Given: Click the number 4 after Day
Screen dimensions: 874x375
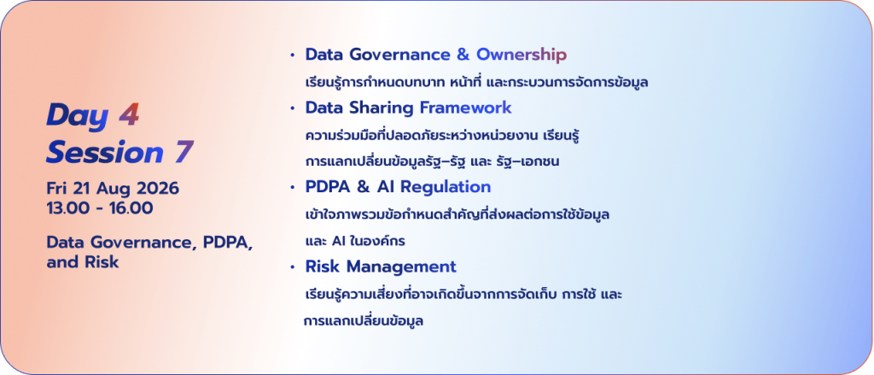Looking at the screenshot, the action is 130,115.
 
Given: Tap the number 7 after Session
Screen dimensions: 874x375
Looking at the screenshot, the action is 183,152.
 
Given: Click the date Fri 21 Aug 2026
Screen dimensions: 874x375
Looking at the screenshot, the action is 113,189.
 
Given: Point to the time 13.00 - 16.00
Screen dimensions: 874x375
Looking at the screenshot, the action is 100,208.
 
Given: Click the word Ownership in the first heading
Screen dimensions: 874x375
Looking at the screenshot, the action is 521,56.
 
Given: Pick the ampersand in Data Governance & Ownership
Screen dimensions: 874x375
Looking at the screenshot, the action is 463,55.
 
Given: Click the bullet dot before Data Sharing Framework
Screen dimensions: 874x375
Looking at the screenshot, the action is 293,108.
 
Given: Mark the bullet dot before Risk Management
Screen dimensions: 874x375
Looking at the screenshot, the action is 293,268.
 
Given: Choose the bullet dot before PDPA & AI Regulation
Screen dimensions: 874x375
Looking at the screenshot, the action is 293,188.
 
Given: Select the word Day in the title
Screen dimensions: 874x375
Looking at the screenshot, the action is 78,116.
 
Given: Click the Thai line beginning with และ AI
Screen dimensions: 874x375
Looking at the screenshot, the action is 356,242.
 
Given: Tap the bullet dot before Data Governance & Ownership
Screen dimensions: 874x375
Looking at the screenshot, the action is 293,56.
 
